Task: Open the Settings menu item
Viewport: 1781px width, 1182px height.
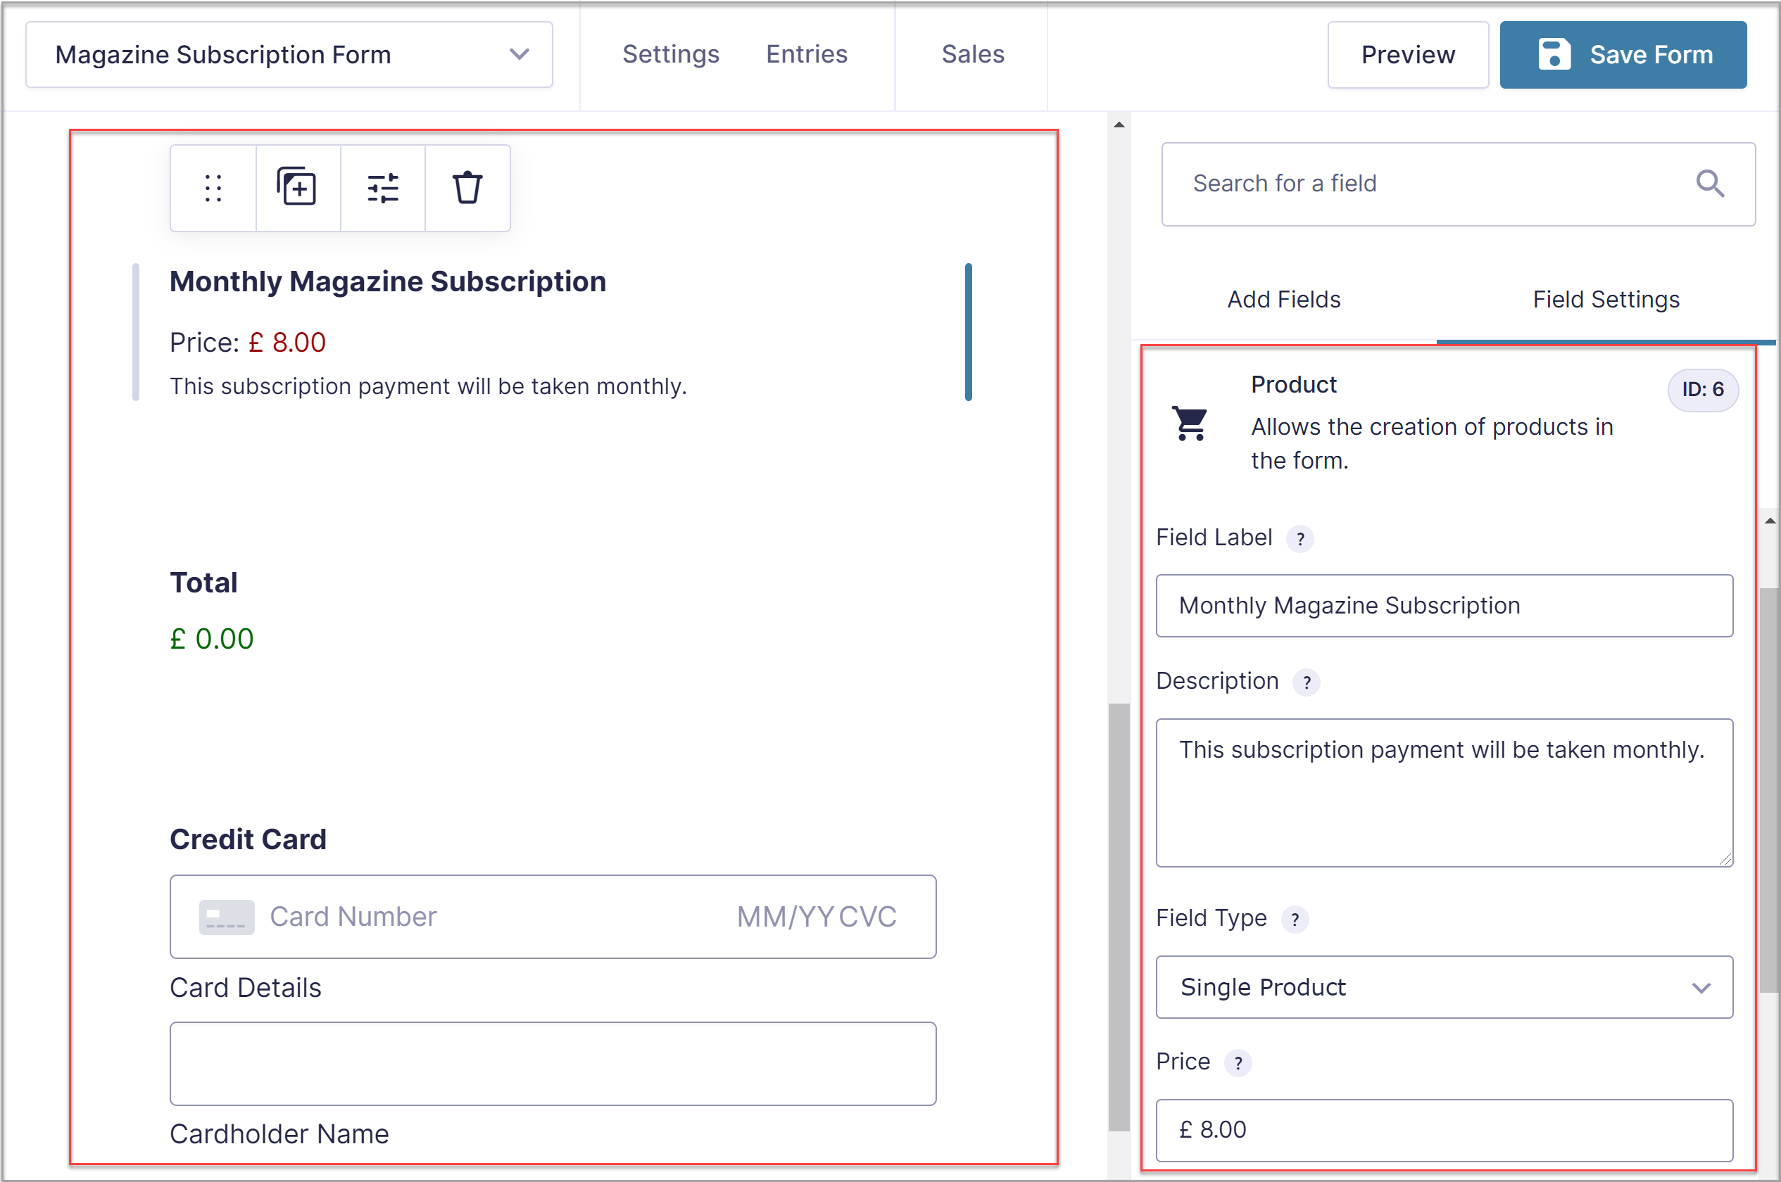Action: pos(670,54)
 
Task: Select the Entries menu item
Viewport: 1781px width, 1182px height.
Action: pos(806,54)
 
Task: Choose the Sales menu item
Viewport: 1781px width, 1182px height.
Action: pos(972,54)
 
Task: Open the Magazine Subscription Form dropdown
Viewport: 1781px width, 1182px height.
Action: pos(289,55)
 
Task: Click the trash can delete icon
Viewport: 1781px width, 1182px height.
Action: pos(467,188)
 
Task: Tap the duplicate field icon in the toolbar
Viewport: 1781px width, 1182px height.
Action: pos(297,188)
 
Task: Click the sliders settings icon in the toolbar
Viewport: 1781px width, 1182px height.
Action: pos(382,188)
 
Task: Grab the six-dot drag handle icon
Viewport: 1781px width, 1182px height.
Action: pos(213,188)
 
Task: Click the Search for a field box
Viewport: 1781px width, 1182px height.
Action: pos(1433,184)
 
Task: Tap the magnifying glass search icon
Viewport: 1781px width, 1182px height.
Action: pos(1708,183)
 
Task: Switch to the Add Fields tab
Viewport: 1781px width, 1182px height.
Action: pos(1283,299)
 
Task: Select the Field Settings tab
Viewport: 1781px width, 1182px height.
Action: pos(1605,299)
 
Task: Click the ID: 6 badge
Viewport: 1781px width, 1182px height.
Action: pos(1702,390)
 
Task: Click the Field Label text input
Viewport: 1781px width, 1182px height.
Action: pos(1443,606)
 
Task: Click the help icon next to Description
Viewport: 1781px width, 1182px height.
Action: pos(1306,682)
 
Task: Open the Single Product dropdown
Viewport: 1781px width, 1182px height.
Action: pos(1443,986)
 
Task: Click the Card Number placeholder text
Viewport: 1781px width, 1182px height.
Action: pos(353,917)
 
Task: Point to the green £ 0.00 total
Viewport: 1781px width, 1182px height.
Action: pos(212,640)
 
